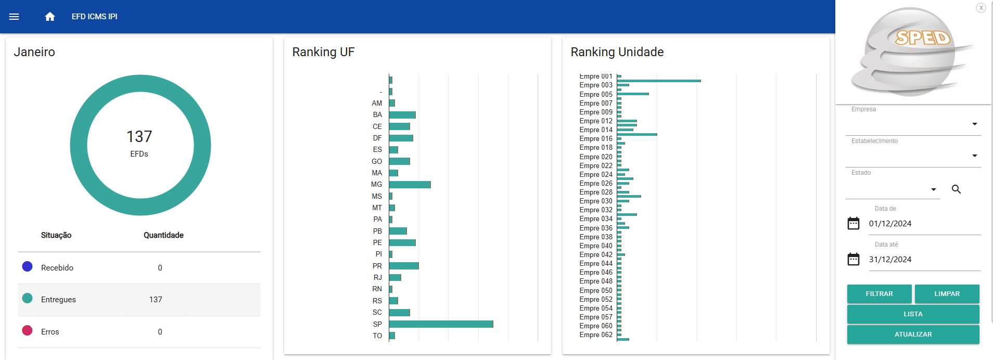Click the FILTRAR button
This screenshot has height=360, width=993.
879,294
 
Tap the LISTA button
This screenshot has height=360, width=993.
913,314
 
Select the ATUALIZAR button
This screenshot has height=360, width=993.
913,335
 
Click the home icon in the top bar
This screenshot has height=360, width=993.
50,17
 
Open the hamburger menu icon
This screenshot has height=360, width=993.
14,17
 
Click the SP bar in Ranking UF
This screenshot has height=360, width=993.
441,324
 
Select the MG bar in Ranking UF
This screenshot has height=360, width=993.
410,185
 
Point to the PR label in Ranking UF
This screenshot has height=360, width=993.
377,266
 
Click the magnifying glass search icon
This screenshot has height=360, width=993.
956,189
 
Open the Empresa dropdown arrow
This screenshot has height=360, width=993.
974,124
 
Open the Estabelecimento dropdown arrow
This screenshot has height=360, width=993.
974,156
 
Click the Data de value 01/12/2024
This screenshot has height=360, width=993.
890,224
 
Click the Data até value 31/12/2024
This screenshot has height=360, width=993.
890,260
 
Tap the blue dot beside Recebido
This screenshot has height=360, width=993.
28,266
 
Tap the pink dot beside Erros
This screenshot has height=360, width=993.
28,330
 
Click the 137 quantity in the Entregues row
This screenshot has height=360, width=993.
156,300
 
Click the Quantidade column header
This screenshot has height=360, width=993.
163,235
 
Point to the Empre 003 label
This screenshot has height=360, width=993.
596,85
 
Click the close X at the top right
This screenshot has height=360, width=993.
981,8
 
